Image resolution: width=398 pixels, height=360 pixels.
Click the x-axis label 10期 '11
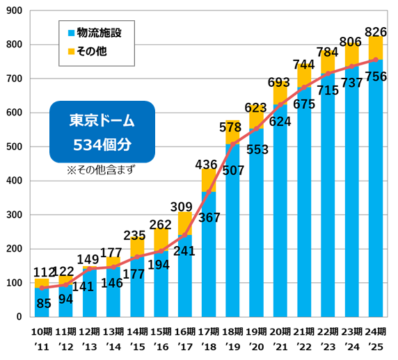[42, 338]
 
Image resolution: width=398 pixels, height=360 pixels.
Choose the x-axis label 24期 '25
[376, 338]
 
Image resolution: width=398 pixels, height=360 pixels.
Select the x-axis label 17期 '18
[209, 338]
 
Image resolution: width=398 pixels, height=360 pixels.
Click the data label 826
[376, 31]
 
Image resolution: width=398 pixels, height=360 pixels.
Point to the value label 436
[209, 164]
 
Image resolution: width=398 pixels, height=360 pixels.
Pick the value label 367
[209, 218]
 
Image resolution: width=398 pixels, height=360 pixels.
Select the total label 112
[42, 272]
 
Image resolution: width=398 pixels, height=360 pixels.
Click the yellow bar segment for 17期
[209, 181]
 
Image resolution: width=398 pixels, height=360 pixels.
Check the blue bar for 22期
[328, 195]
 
